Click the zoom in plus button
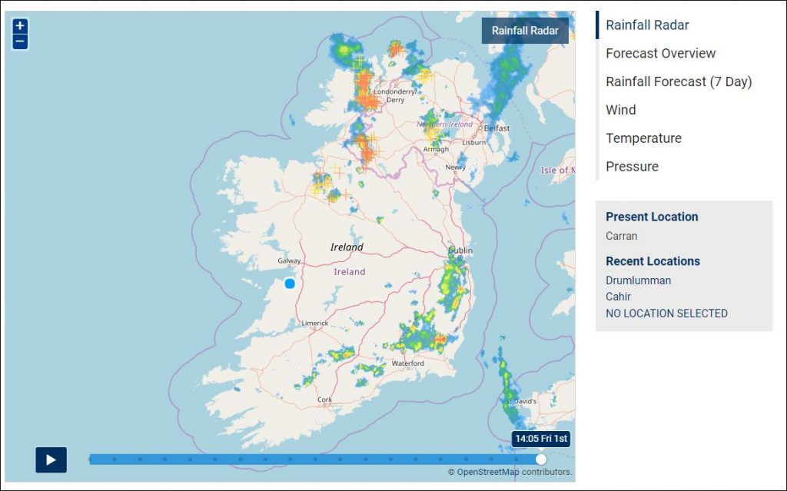click(x=20, y=25)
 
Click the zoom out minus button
click(x=20, y=41)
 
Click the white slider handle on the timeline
click(x=541, y=459)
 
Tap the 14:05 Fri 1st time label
click(x=541, y=439)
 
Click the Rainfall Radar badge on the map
click(x=525, y=31)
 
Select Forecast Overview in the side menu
click(x=660, y=53)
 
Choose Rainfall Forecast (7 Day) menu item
click(x=679, y=81)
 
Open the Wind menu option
click(x=621, y=110)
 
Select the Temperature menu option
click(x=643, y=138)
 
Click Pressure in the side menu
click(x=632, y=167)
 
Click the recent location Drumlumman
click(x=638, y=280)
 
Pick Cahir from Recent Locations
click(x=618, y=297)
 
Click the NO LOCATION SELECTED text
click(x=666, y=314)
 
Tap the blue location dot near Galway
click(x=290, y=284)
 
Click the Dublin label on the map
click(x=461, y=251)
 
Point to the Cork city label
click(x=325, y=400)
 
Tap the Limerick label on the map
click(x=315, y=323)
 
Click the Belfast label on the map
click(x=497, y=128)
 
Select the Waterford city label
click(x=408, y=363)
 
